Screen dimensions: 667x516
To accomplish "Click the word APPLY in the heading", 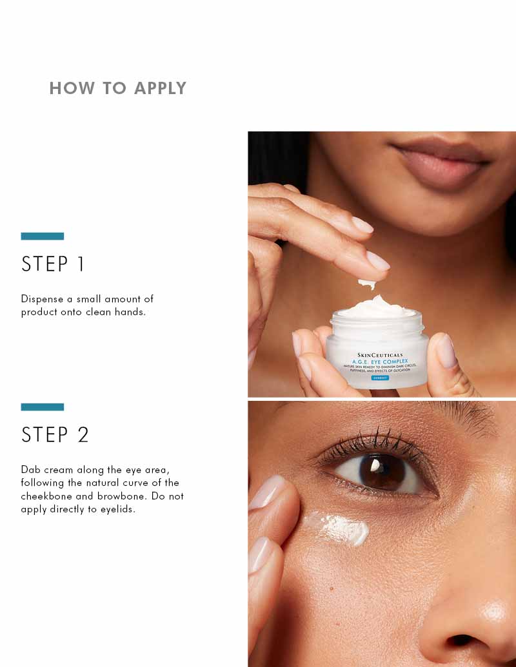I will coord(160,88).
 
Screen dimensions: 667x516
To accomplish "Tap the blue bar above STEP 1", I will coord(43,236).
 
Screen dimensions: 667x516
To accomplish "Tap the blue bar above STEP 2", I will coord(43,407).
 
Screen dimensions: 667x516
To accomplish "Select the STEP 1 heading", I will coord(54,264).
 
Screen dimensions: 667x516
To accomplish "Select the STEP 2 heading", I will coord(55,435).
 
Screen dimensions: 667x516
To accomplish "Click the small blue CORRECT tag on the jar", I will coord(379,378).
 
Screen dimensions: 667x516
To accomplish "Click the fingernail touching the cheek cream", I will coord(268,493).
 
